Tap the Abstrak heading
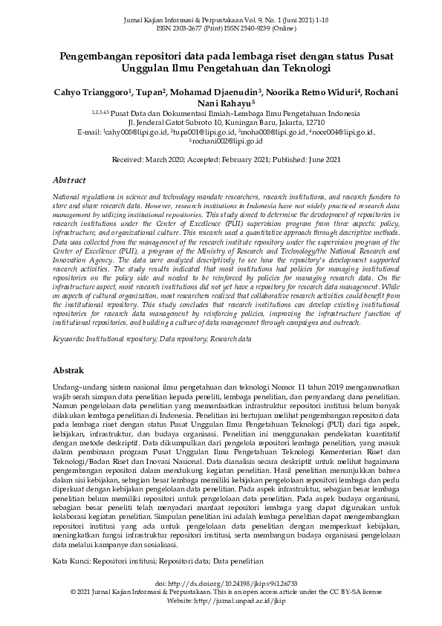point(71,370)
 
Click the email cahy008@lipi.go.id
point(135,131)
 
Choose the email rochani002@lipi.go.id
point(223,140)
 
